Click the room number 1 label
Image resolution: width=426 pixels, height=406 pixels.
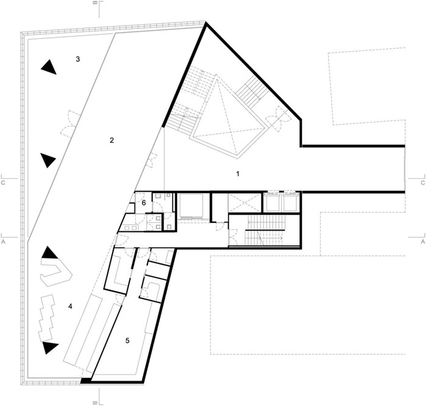point(238,173)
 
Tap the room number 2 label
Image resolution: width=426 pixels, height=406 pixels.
point(111,141)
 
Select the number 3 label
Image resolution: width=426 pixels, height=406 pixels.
point(78,59)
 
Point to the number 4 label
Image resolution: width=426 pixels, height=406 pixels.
point(71,307)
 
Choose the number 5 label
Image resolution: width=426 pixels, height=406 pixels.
point(127,340)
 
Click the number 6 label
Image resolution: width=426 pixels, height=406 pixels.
point(144,203)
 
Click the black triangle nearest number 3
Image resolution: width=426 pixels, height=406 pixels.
point(49,67)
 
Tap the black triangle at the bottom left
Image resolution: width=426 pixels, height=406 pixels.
point(50,348)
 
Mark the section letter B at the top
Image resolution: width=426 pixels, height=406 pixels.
point(95,3)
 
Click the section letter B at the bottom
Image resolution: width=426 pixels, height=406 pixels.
point(95,403)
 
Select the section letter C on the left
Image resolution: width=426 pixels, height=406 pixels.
point(3,183)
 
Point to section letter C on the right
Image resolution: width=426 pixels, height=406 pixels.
point(423,183)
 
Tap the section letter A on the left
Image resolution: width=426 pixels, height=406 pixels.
point(3,241)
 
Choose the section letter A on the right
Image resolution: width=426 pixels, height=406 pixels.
point(423,241)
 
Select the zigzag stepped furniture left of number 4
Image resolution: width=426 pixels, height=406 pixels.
point(46,318)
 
